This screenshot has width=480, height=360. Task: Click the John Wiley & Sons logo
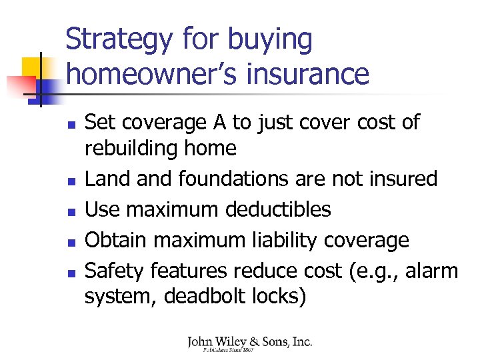point(249,343)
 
